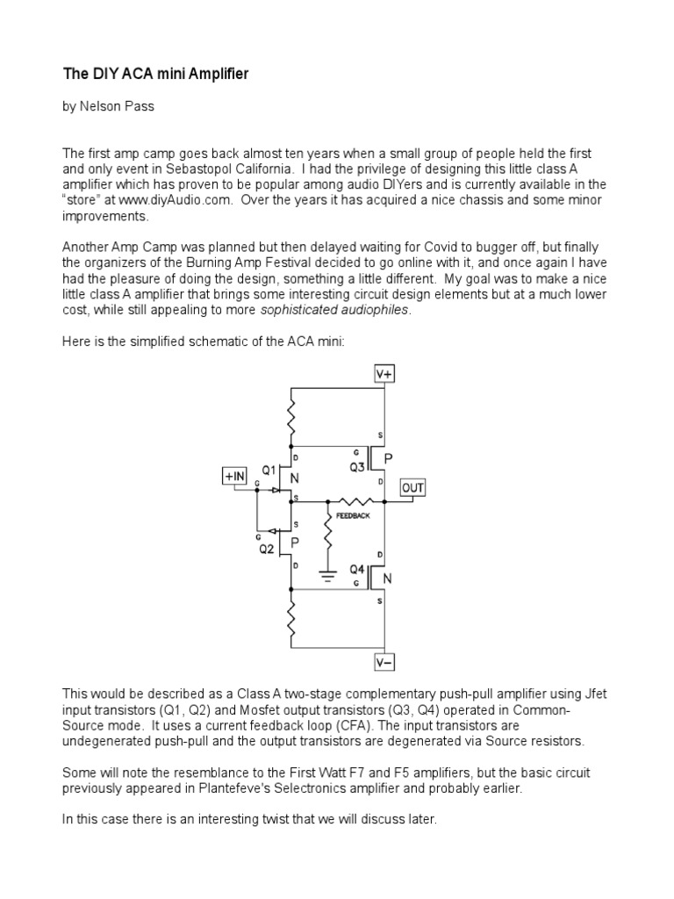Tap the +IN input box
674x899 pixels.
[235, 476]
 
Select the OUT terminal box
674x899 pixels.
[413, 486]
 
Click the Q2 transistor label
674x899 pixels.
[266, 550]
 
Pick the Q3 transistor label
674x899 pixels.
[357, 468]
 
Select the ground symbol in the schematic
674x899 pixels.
[327, 578]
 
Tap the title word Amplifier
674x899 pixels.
[217, 75]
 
